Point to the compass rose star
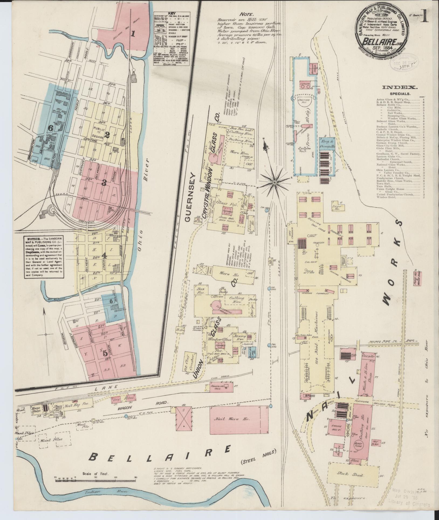coord(274,183)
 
